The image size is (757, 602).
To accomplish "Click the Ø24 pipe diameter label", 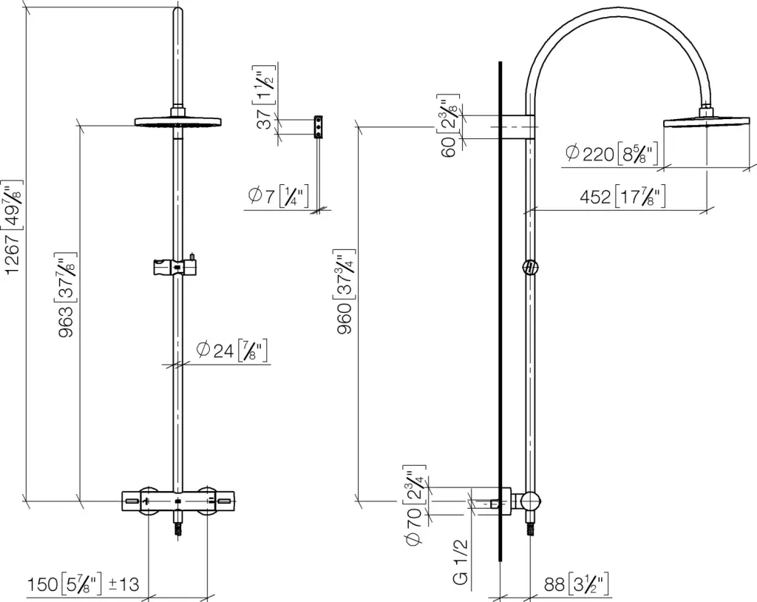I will pos(231,351).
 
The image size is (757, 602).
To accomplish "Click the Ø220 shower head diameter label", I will pos(611,154).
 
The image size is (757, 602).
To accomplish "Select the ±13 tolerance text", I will pos(123,585).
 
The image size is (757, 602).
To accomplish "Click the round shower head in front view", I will pos(178,122).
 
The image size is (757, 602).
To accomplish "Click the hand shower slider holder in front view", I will pos(175,266).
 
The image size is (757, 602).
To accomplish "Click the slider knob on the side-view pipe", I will pos(529,267).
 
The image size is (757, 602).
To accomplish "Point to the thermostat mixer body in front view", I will pos(178,501).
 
